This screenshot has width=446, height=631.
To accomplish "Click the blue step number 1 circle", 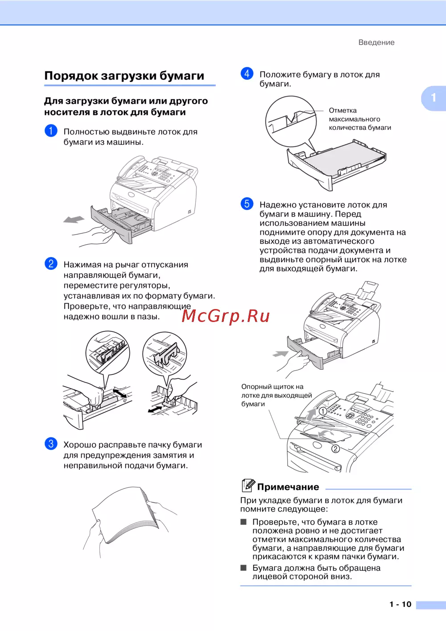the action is (x=51, y=131).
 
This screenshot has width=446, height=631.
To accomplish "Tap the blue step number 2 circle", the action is (x=51, y=263).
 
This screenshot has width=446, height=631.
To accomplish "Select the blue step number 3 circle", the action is (x=51, y=444).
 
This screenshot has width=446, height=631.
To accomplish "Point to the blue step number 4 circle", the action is (x=247, y=74).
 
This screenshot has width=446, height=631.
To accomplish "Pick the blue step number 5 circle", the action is (x=247, y=204).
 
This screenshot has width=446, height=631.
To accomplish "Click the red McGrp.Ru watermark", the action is (x=226, y=316).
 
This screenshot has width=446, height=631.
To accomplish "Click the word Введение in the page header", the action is (x=376, y=42).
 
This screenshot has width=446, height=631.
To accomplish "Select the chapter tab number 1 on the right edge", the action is (x=434, y=98).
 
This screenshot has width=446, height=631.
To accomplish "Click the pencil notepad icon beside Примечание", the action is (x=248, y=485).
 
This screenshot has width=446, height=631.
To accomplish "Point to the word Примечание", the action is (x=288, y=487).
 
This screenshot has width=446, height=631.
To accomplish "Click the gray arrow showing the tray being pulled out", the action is (x=74, y=219).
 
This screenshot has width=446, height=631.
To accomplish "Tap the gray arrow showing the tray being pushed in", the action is (x=281, y=354).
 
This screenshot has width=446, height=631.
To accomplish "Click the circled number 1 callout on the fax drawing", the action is (x=323, y=411).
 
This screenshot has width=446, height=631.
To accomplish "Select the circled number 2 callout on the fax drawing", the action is (x=335, y=448).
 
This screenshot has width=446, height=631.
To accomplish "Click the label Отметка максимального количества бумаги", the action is (x=360, y=119).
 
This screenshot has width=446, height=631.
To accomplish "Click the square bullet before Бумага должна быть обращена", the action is (x=244, y=568).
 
